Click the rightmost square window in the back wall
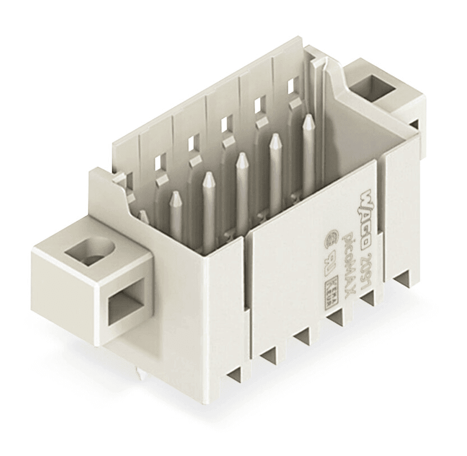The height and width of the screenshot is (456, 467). click(x=291, y=85)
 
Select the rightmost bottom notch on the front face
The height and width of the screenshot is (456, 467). click(x=403, y=280)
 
